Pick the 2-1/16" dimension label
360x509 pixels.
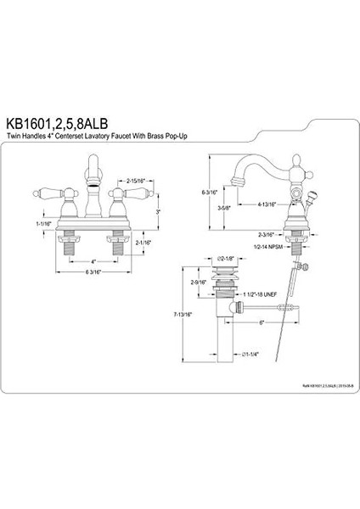tap(143, 242)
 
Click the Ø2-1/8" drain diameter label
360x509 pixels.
tap(223, 255)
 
